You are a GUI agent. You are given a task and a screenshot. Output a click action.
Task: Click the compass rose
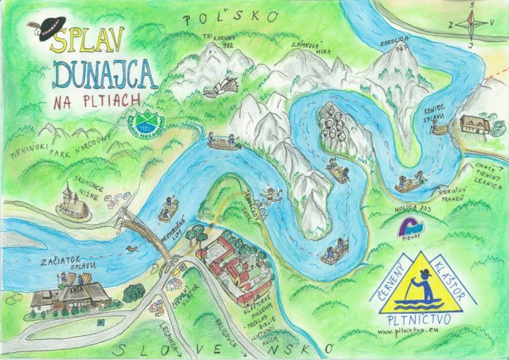pyautogui.click(x=473, y=24)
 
